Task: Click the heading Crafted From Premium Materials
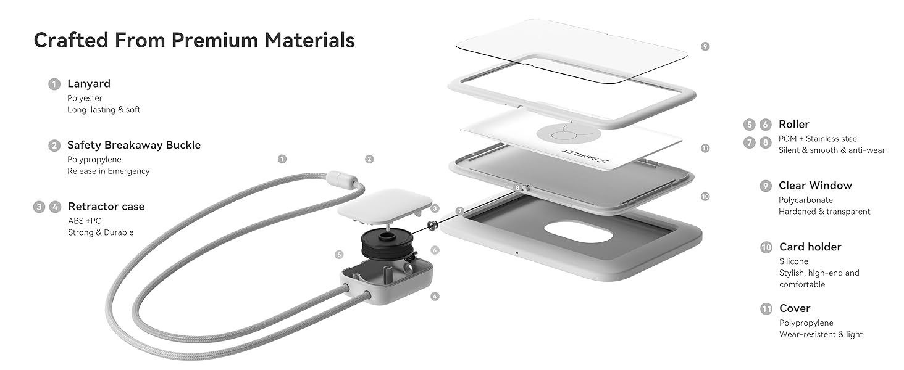[x=194, y=40]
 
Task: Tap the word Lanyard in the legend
[x=89, y=84]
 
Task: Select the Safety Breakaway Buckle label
[x=134, y=145]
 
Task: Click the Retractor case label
[x=106, y=207]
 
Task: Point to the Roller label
[x=793, y=124]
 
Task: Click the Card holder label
[x=810, y=247]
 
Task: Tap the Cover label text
[x=795, y=308]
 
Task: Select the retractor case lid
[x=385, y=203]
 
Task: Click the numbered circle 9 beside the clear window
[x=705, y=46]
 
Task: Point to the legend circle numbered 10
[x=766, y=247]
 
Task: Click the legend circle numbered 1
[x=54, y=84]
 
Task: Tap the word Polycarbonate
[x=805, y=200]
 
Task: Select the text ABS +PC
[x=85, y=221]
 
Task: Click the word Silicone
[x=793, y=261]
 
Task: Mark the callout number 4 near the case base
[x=435, y=297]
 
